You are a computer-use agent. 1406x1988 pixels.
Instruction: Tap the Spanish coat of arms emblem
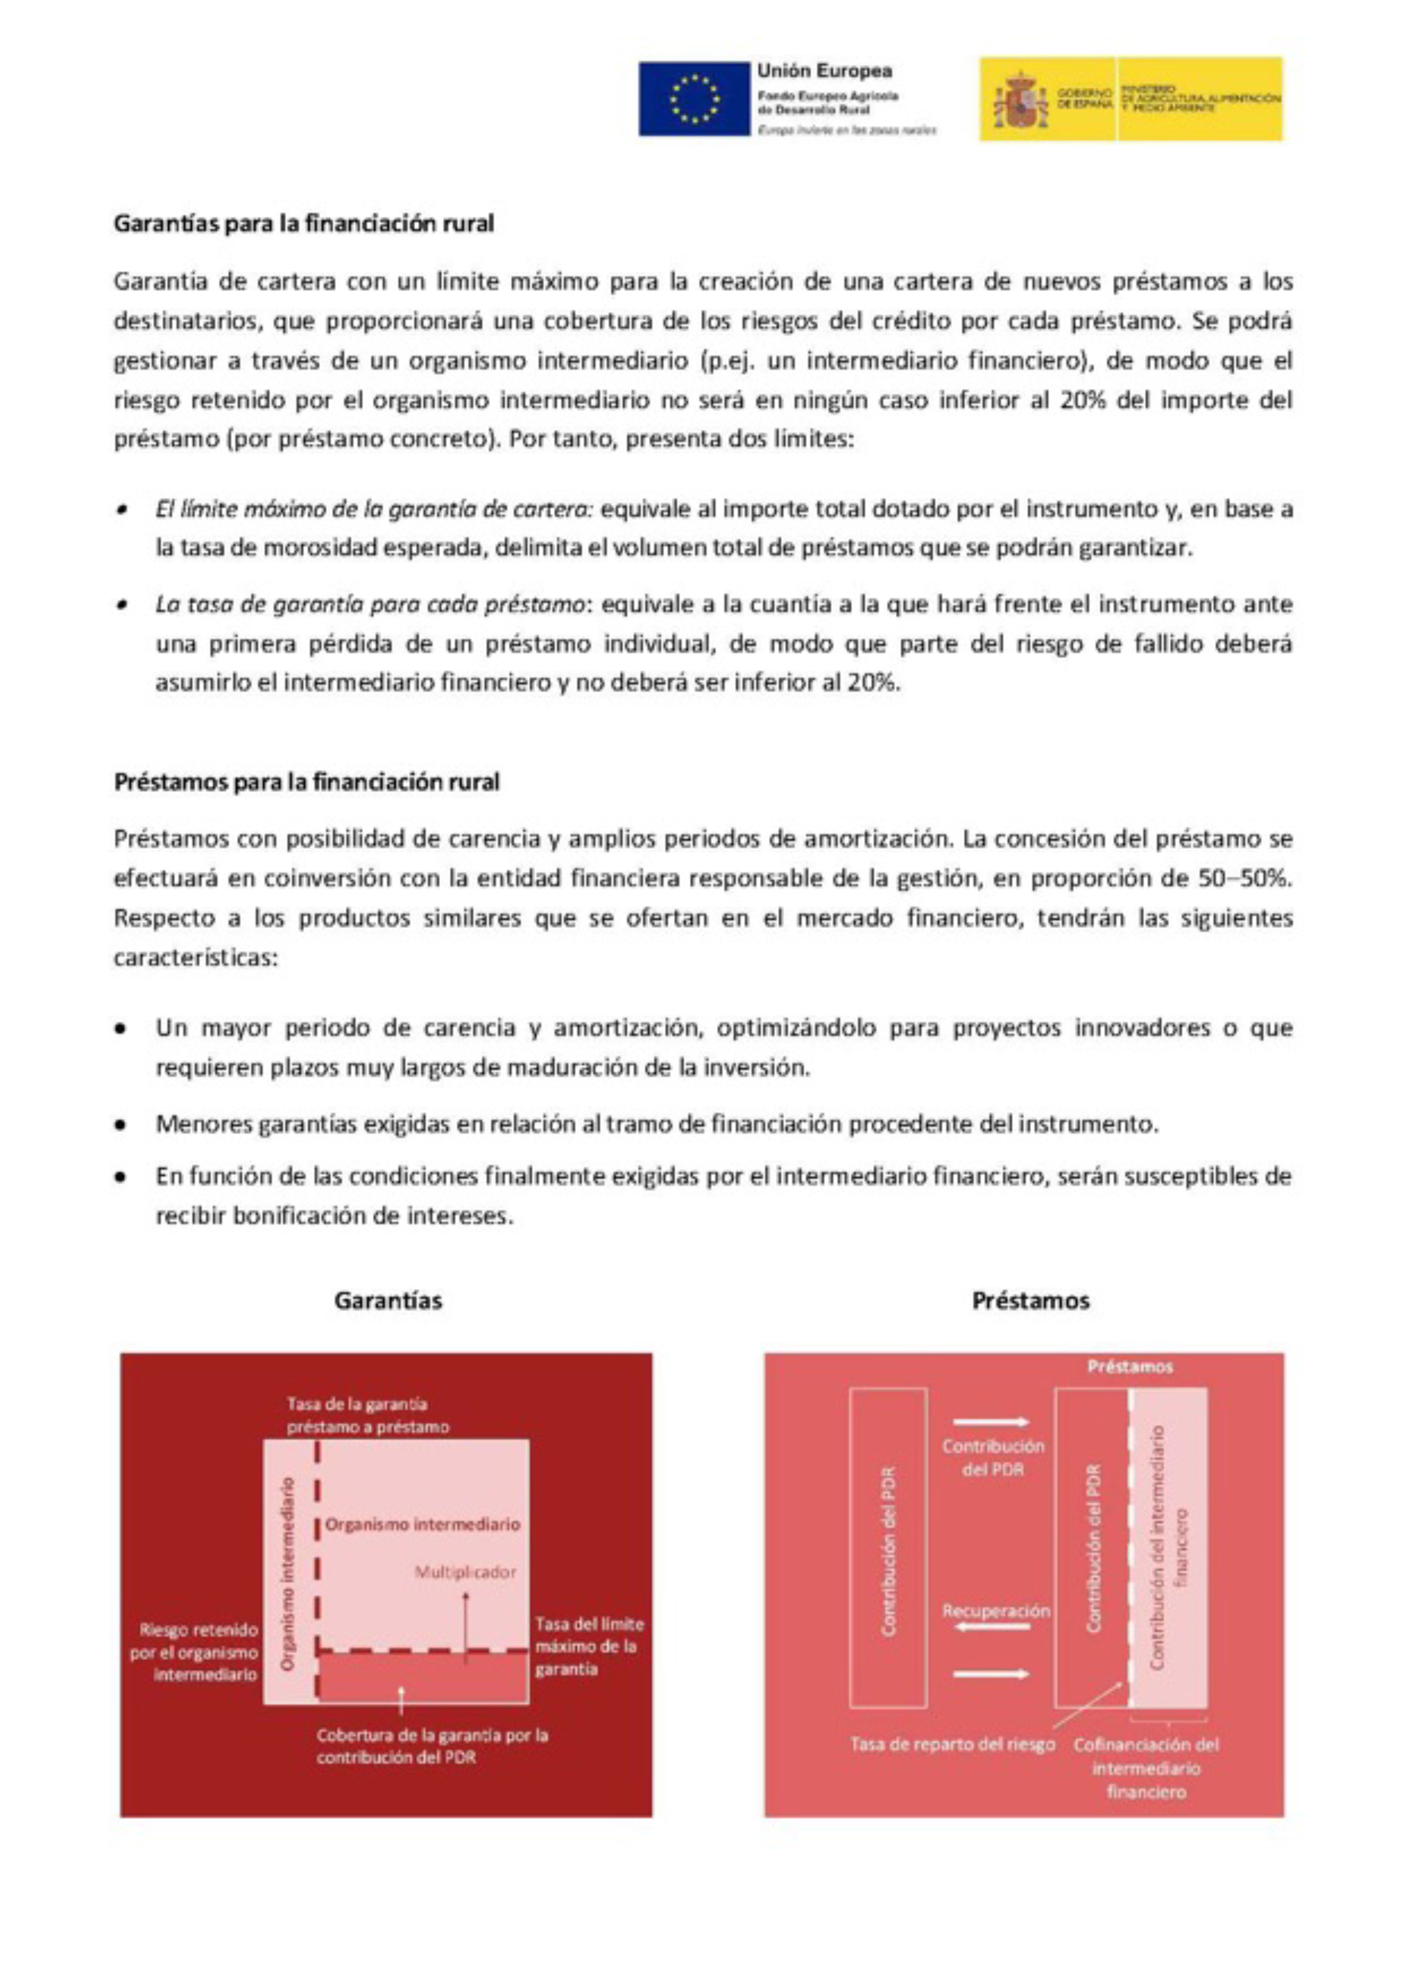(1014, 99)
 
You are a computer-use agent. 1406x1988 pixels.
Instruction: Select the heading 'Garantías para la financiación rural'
(304, 224)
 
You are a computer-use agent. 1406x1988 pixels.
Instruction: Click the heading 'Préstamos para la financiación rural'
(306, 782)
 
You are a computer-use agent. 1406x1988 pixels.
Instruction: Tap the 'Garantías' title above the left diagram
(388, 1300)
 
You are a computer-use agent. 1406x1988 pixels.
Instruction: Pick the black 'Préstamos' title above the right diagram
(1030, 1300)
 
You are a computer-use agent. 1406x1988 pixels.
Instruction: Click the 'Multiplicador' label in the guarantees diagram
(465, 1572)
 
